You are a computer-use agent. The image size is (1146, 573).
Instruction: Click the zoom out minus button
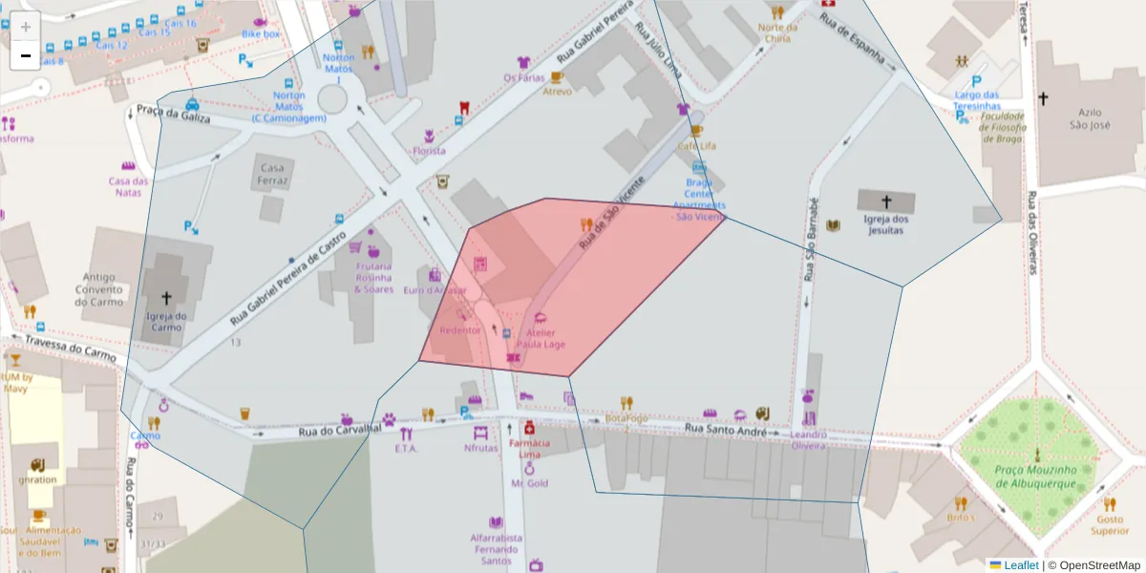[x=26, y=56]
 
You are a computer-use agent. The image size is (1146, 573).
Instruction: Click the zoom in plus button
[x=26, y=27]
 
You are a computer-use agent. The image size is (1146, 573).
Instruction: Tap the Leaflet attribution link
[x=1021, y=565]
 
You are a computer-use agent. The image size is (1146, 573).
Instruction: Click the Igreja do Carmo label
[x=165, y=321]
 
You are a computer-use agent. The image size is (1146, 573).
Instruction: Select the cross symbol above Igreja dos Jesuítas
[x=886, y=202]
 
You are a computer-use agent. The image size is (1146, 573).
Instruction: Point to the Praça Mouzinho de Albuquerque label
[x=1036, y=477]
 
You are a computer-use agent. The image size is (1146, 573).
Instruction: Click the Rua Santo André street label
[x=727, y=433]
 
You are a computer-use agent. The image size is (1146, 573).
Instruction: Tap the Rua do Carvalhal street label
[x=340, y=431]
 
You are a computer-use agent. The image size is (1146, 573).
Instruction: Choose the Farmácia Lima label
[x=529, y=449]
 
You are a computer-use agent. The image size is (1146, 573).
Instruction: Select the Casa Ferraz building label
[x=272, y=174]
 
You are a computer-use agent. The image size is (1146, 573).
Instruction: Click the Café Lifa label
[x=696, y=146]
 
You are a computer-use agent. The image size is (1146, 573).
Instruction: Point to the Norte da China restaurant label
[x=777, y=33]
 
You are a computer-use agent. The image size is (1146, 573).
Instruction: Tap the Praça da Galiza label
[x=172, y=114]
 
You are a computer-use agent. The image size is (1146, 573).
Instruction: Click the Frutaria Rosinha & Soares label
[x=373, y=278]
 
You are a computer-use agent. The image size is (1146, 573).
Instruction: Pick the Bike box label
[x=261, y=33]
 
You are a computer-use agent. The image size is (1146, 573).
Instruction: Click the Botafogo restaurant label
[x=626, y=418]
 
